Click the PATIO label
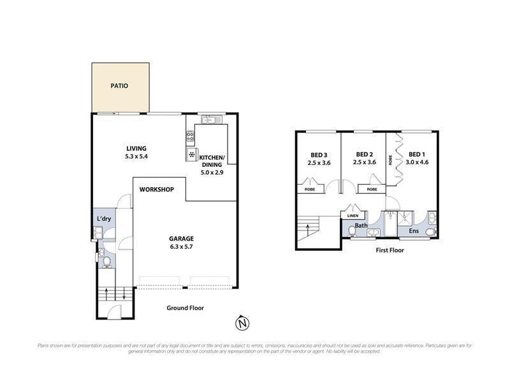pos(119,85)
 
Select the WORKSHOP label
pos(157,190)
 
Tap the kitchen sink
pos(209,120)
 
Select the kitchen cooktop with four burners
pos(190,135)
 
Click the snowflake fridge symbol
pos(190,155)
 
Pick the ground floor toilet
pos(107,261)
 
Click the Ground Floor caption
pos(185,308)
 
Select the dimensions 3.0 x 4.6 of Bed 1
pos(418,162)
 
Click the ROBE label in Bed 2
pos(372,189)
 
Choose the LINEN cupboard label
pos(352,215)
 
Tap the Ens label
pos(414,230)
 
